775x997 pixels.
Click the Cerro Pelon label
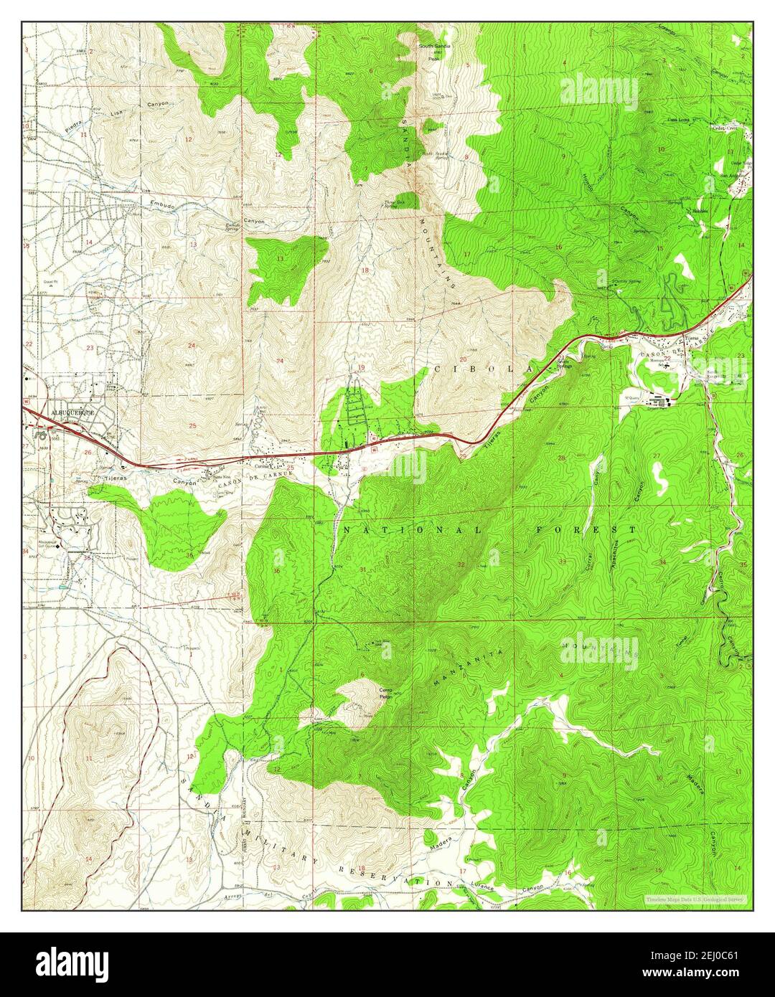point(387,694)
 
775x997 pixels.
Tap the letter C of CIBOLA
point(436,370)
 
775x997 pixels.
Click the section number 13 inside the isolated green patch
point(281,258)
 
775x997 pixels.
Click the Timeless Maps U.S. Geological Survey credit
point(694,899)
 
